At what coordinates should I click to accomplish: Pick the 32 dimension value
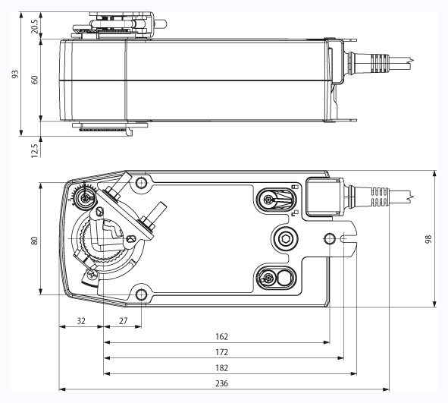(81, 320)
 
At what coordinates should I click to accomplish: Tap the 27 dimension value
(123, 320)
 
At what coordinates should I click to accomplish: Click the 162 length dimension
(221, 335)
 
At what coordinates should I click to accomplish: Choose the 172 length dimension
(221, 352)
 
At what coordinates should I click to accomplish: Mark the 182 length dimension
(221, 368)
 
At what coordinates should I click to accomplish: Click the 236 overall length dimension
(221, 384)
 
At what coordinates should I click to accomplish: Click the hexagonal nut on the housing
(287, 239)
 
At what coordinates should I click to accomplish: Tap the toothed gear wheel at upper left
(82, 198)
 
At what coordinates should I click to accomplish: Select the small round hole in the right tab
(329, 239)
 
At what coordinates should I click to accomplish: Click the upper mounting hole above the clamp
(140, 184)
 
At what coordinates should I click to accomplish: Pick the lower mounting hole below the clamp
(140, 294)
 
